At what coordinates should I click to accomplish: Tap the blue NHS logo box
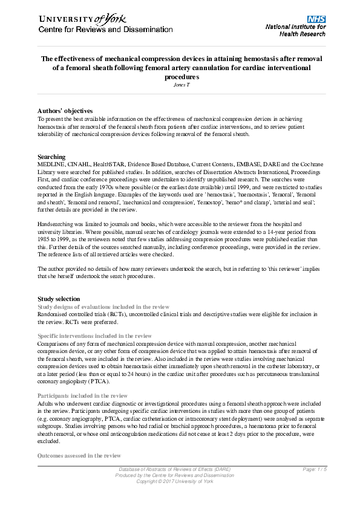click(316, 19)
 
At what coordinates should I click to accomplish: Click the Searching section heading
click(51, 157)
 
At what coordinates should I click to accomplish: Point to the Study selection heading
click(58, 299)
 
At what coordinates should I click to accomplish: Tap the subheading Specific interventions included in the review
click(94, 336)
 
